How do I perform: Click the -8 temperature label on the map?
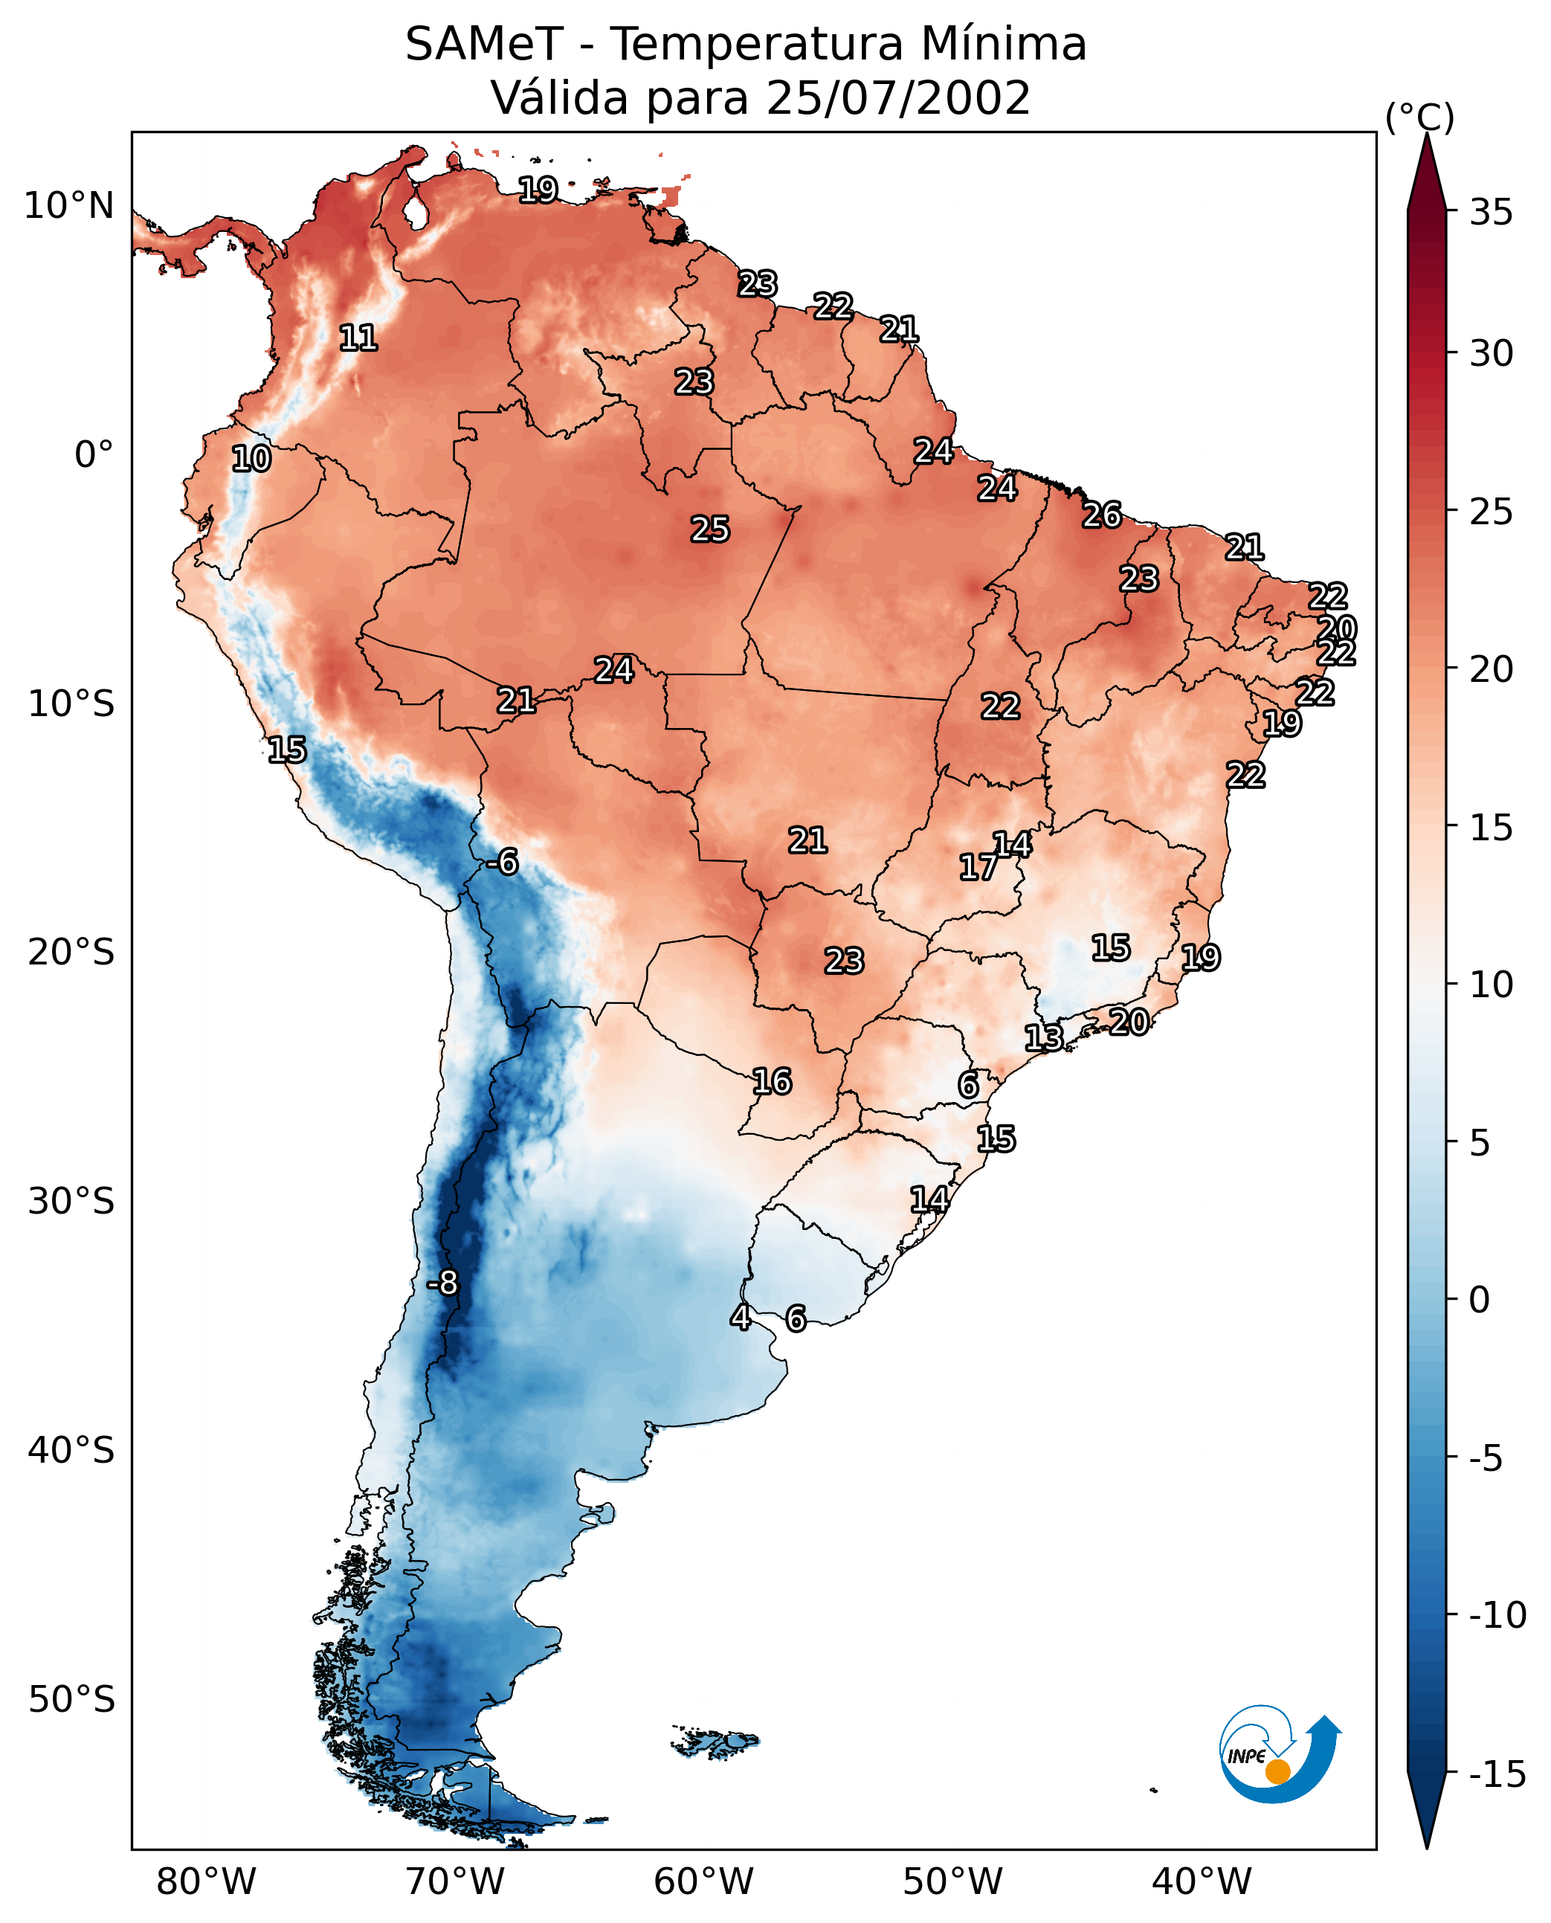pos(442,1283)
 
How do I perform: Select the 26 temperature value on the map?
pos(1102,515)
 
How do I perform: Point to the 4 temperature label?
pos(740,1317)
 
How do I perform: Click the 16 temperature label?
pos(772,1082)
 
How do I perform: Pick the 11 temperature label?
pos(358,338)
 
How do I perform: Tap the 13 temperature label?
pos(1043,1038)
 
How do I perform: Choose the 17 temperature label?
pos(978,867)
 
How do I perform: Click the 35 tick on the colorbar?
pos(1491,213)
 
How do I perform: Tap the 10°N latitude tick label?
pos(69,207)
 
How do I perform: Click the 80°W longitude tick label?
pos(207,1881)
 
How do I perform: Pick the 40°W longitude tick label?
pos(1202,1881)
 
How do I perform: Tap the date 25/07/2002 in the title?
pos(898,97)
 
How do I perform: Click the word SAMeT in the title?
pos(484,44)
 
